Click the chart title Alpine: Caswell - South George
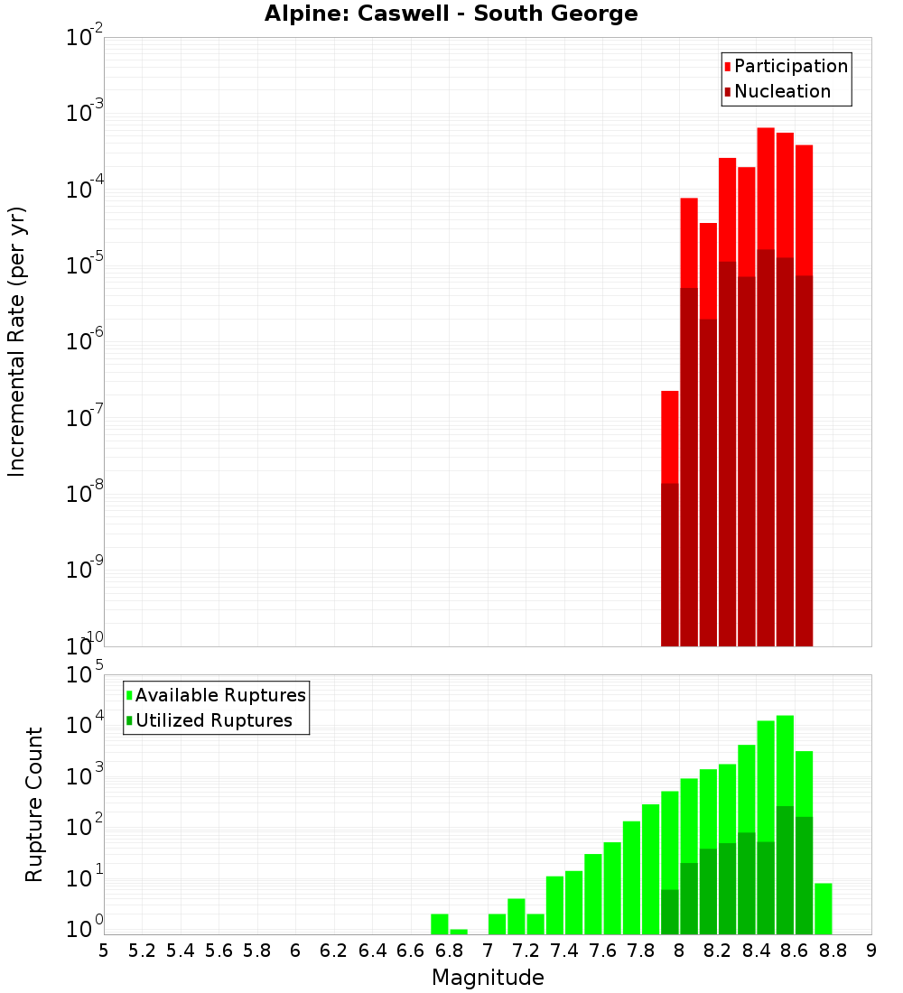(x=451, y=14)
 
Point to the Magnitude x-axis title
(x=488, y=978)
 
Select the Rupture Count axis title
(x=34, y=804)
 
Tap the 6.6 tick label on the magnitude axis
(x=411, y=950)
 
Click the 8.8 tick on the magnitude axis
(x=833, y=950)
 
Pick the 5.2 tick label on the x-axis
(x=142, y=950)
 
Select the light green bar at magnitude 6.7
(x=440, y=923)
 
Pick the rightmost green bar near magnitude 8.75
(x=823, y=907)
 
